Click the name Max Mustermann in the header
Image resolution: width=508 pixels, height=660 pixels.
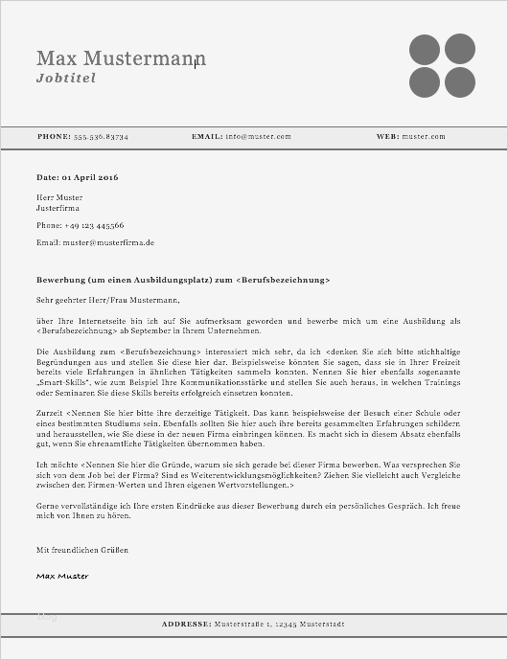pos(121,58)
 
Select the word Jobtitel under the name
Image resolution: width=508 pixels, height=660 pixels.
pos(66,78)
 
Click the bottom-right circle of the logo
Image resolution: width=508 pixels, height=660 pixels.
pos(459,81)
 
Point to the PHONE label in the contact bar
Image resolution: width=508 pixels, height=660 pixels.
pos(54,137)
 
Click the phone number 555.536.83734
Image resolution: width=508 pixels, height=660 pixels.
pos(101,137)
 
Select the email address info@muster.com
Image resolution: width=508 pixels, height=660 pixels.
pos(258,137)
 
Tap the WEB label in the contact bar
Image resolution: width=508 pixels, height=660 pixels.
pos(387,137)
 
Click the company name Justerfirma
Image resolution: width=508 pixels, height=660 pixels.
pos(58,207)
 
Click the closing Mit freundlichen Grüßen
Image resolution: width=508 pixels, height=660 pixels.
pos(81,550)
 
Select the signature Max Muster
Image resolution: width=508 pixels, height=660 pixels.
pos(62,576)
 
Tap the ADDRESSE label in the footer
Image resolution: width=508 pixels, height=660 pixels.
pos(186,624)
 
